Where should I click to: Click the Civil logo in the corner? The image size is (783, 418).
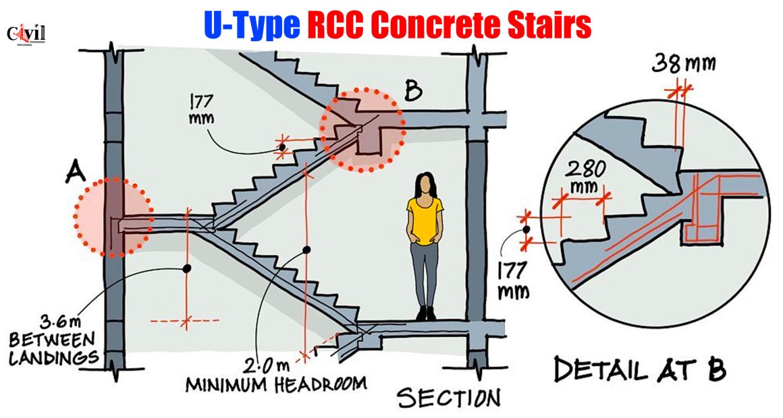tap(26, 36)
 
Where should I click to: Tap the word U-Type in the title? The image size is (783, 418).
tap(252, 25)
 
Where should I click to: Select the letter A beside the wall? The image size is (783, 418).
tap(76, 172)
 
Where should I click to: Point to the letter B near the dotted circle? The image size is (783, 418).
tap(413, 91)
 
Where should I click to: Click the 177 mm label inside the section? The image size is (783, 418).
tap(201, 109)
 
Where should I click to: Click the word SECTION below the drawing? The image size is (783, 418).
tap(448, 398)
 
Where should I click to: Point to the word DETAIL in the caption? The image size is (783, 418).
tap(598, 369)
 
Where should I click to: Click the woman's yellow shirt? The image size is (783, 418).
tap(425, 220)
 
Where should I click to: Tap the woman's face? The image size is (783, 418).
tap(425, 186)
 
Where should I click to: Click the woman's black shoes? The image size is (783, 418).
tap(426, 313)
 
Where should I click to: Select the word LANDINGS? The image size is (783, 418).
tap(53, 357)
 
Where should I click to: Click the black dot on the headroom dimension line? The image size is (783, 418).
tap(306, 249)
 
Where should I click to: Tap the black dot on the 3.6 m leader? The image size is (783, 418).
tap(187, 268)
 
